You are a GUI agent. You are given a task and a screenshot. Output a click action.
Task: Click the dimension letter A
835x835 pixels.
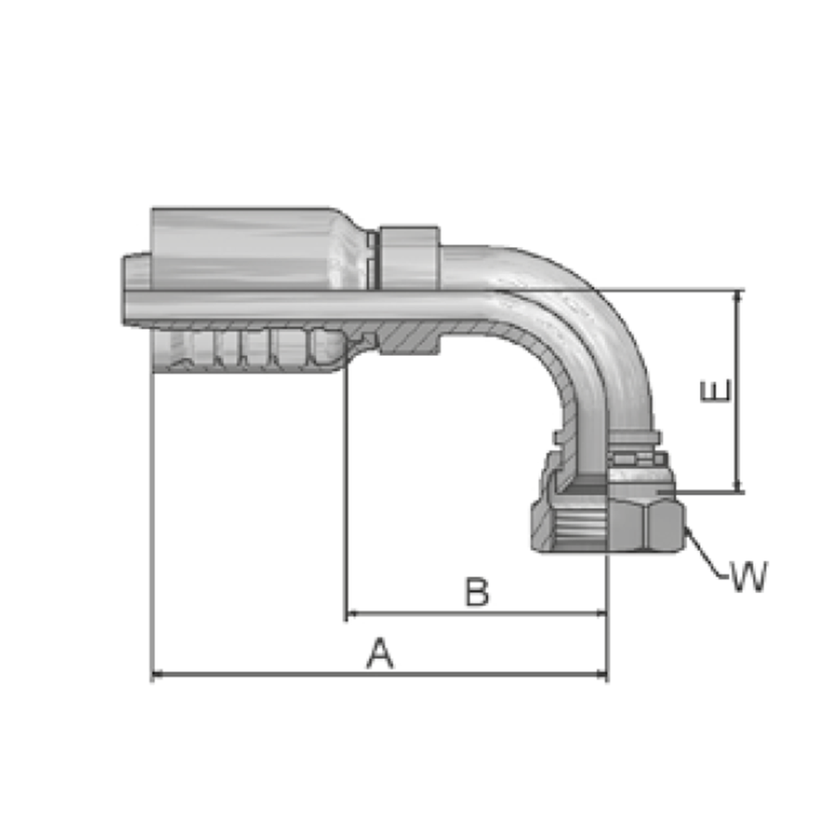(380, 653)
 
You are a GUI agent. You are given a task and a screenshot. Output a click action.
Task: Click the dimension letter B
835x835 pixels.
(477, 592)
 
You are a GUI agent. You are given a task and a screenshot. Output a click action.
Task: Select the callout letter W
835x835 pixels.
(749, 576)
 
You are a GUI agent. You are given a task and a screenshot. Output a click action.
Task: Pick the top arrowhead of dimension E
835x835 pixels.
(737, 297)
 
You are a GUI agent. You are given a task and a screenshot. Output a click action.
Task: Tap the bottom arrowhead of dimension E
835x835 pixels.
(737, 486)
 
